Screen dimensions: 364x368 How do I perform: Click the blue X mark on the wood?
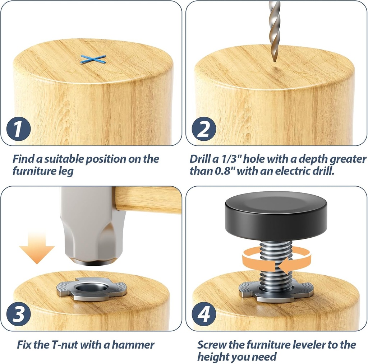pyautogui.click(x=93, y=59)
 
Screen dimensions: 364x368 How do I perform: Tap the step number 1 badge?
pyautogui.click(x=18, y=129)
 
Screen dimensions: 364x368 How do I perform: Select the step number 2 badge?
pyautogui.click(x=204, y=129)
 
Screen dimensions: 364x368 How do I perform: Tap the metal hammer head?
pyautogui.click(x=92, y=226)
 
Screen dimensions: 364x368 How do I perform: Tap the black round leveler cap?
pyautogui.click(x=276, y=215)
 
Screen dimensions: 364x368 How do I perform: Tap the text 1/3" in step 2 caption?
pyautogui.click(x=225, y=159)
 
